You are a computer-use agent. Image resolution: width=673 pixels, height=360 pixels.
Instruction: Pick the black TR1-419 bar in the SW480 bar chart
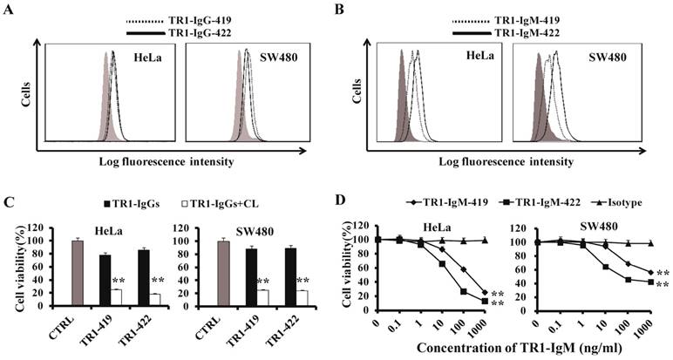pyautogui.click(x=251, y=278)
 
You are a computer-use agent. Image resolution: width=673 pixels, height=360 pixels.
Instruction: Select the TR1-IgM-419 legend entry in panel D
pyautogui.click(x=434, y=201)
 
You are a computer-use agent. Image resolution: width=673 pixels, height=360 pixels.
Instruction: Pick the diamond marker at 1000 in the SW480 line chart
pyautogui.click(x=650, y=273)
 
